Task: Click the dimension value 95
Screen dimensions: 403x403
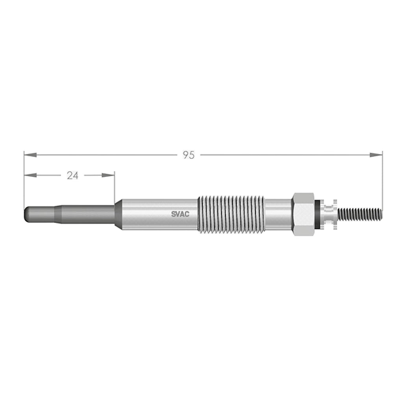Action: click(189, 155)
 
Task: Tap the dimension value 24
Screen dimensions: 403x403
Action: click(72, 176)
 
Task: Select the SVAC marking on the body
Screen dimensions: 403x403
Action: click(180, 214)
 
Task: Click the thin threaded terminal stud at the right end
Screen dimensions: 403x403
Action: click(360, 214)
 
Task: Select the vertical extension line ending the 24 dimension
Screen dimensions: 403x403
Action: click(115, 187)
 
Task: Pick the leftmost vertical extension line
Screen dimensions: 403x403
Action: click(24, 181)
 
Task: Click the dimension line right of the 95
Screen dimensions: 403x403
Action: click(283, 155)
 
